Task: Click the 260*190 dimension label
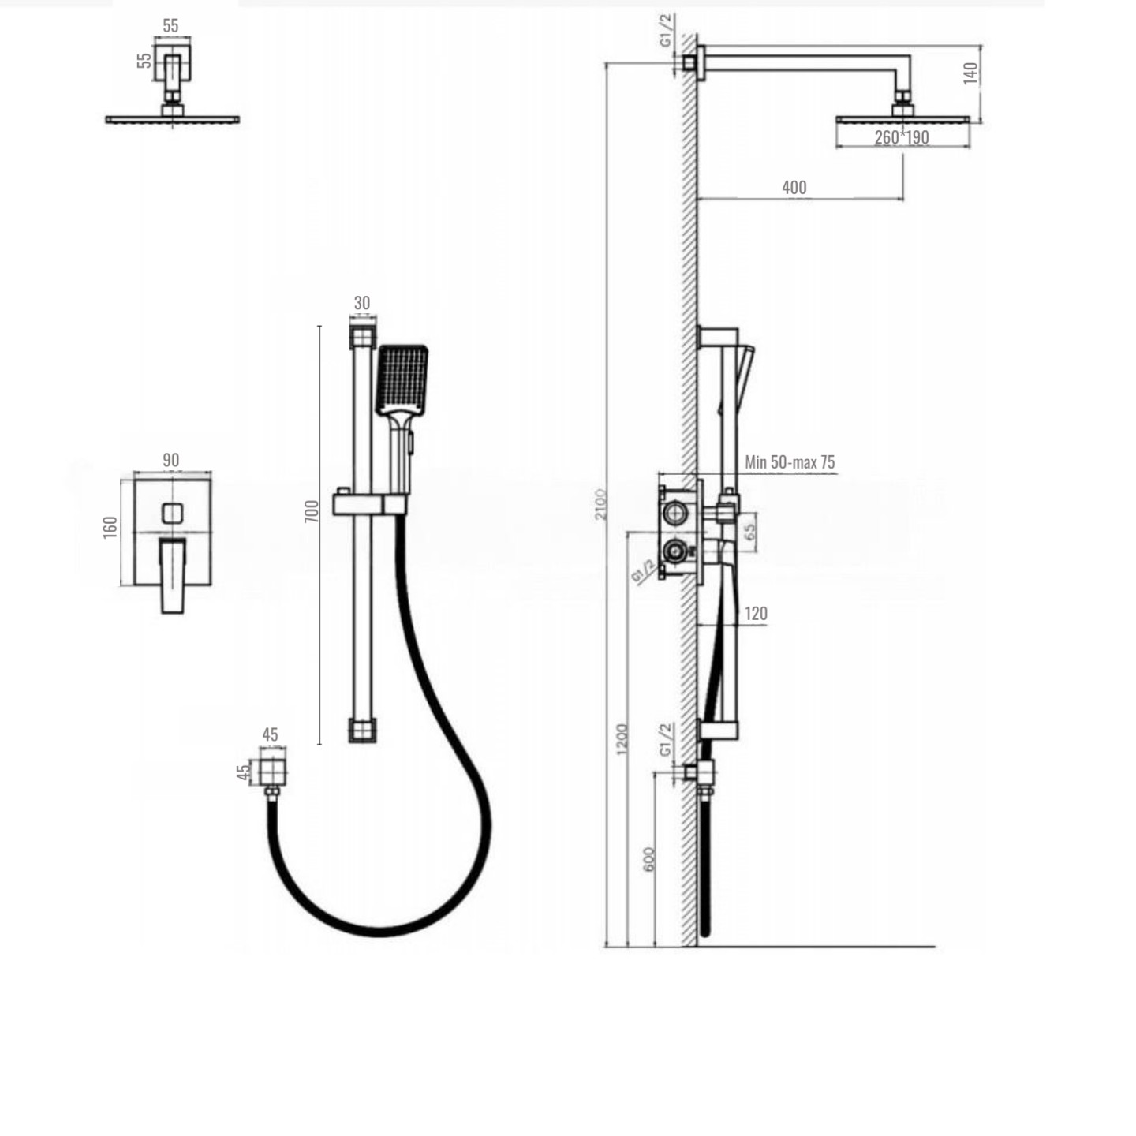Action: (901, 137)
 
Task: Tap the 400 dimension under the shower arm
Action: (794, 188)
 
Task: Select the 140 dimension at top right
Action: (970, 73)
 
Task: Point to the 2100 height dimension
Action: (600, 504)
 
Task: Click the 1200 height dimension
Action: (622, 739)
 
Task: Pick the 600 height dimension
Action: (648, 860)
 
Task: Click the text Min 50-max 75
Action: (790, 462)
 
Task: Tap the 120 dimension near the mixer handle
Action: (756, 614)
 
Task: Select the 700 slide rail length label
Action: (312, 510)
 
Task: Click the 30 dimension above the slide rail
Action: (362, 303)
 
